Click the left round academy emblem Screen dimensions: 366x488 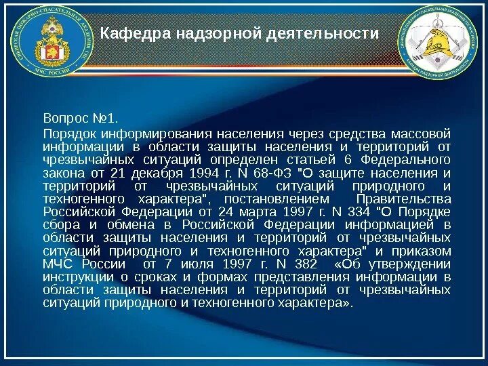52,41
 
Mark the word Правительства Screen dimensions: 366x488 403,199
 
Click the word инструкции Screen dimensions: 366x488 75,277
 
